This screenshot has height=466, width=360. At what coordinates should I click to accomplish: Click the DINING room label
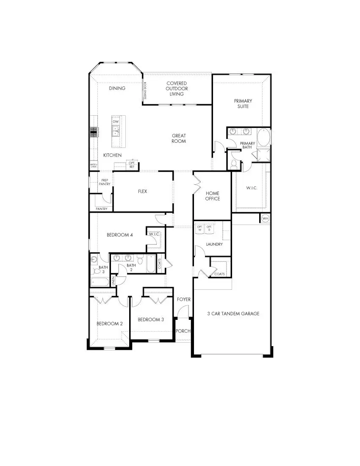coord(117,88)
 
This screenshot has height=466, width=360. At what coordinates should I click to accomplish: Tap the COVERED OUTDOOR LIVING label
coord(177,89)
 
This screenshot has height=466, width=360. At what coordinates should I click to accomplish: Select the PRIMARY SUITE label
coord(243,103)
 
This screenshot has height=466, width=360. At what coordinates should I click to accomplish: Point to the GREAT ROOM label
coord(179,139)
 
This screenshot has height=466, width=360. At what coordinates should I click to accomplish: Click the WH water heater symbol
coord(265,219)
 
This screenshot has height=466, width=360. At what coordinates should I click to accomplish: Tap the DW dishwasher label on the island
coord(115,122)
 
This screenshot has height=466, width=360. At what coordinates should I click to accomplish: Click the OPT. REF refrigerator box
coord(132,165)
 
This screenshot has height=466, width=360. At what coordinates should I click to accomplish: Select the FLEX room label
coord(142,191)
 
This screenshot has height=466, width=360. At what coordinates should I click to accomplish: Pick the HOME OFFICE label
coord(213,196)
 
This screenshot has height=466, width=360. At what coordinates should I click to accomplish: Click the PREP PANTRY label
coord(105,182)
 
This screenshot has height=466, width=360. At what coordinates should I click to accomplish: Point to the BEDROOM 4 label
coord(120,235)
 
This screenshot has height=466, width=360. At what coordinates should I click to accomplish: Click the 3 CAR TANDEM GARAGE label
coord(233,313)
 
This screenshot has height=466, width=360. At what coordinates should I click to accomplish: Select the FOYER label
coord(184,300)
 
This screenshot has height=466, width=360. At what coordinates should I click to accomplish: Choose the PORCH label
coord(183,331)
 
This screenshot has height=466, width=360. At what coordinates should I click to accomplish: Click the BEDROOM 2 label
coord(109,323)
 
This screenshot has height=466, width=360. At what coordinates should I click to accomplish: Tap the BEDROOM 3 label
coord(150,319)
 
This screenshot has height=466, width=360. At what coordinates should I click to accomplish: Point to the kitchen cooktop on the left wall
coord(94,132)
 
